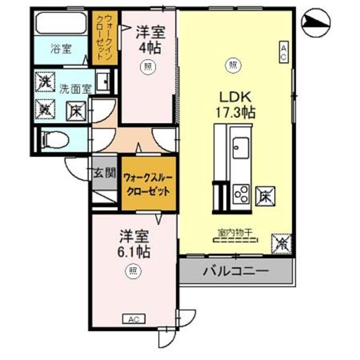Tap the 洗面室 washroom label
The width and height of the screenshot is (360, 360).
click(x=75, y=88)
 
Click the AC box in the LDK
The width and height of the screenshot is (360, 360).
click(x=284, y=52)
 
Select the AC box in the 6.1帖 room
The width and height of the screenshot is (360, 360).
click(x=134, y=319)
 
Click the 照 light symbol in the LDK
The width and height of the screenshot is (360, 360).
click(x=232, y=66)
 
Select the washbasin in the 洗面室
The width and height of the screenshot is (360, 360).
click(x=103, y=82)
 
